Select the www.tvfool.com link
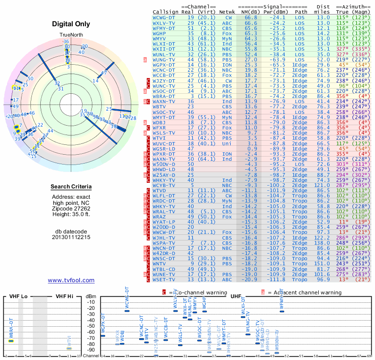point(71,280)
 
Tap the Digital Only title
point(71,24)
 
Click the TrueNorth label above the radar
point(71,35)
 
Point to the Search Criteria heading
point(71,187)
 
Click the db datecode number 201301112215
point(71,237)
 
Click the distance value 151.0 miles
point(322,264)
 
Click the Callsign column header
point(165,12)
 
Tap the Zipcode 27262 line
point(71,209)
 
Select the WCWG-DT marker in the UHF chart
point(127,311)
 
